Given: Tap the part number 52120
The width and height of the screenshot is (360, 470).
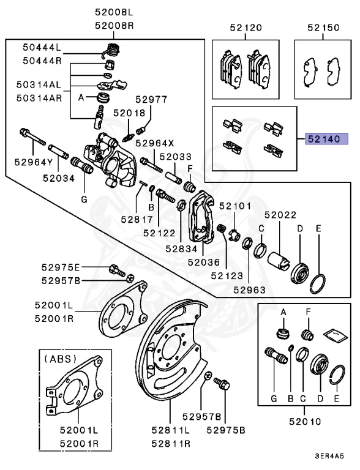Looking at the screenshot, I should pos(246,28).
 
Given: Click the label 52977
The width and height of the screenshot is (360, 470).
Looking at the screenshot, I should pos(151,100).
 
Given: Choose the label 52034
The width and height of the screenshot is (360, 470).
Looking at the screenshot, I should pos(59,178).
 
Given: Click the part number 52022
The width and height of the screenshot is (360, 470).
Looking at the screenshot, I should pos(280,215).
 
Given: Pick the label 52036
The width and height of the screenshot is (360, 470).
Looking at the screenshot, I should pos(203,262).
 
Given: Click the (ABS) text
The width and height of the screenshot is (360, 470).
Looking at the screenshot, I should pos(59,359).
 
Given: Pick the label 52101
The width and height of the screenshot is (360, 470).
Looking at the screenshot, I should pos(240,206).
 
